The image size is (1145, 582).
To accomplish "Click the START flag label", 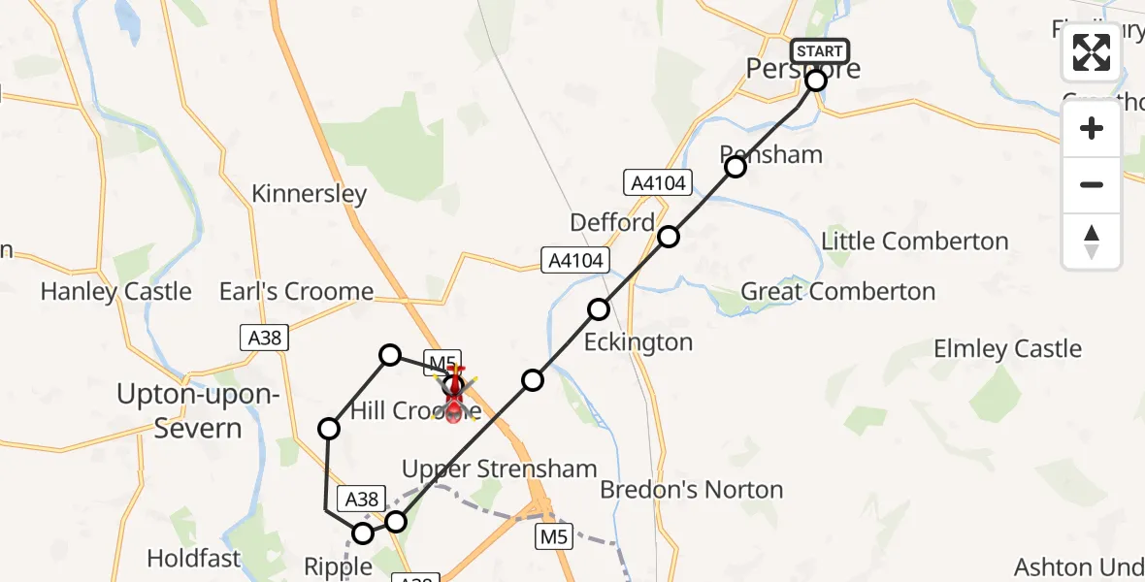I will (820, 50).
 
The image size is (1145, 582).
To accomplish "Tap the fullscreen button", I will (1092, 52).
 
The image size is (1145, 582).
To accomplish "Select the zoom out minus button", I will (1092, 184).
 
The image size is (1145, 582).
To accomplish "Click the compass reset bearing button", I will (1092, 241).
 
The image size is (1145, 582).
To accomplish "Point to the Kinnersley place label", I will (310, 193).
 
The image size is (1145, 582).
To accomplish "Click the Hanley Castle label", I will (115, 291).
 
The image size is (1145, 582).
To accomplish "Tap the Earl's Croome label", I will (296, 291).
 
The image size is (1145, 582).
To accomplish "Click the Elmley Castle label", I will (1007, 348).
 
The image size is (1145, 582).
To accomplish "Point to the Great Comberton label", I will (837, 291).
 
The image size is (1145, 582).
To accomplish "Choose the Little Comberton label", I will (915, 241).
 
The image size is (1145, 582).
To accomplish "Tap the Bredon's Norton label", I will (691, 489).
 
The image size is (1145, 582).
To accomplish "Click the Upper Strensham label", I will (499, 469).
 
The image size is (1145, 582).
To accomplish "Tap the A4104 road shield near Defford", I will (658, 181).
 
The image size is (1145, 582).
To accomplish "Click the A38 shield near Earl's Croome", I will (264, 337).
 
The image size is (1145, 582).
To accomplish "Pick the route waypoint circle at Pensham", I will (736, 167).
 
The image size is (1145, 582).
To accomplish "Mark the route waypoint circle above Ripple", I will (363, 533).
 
